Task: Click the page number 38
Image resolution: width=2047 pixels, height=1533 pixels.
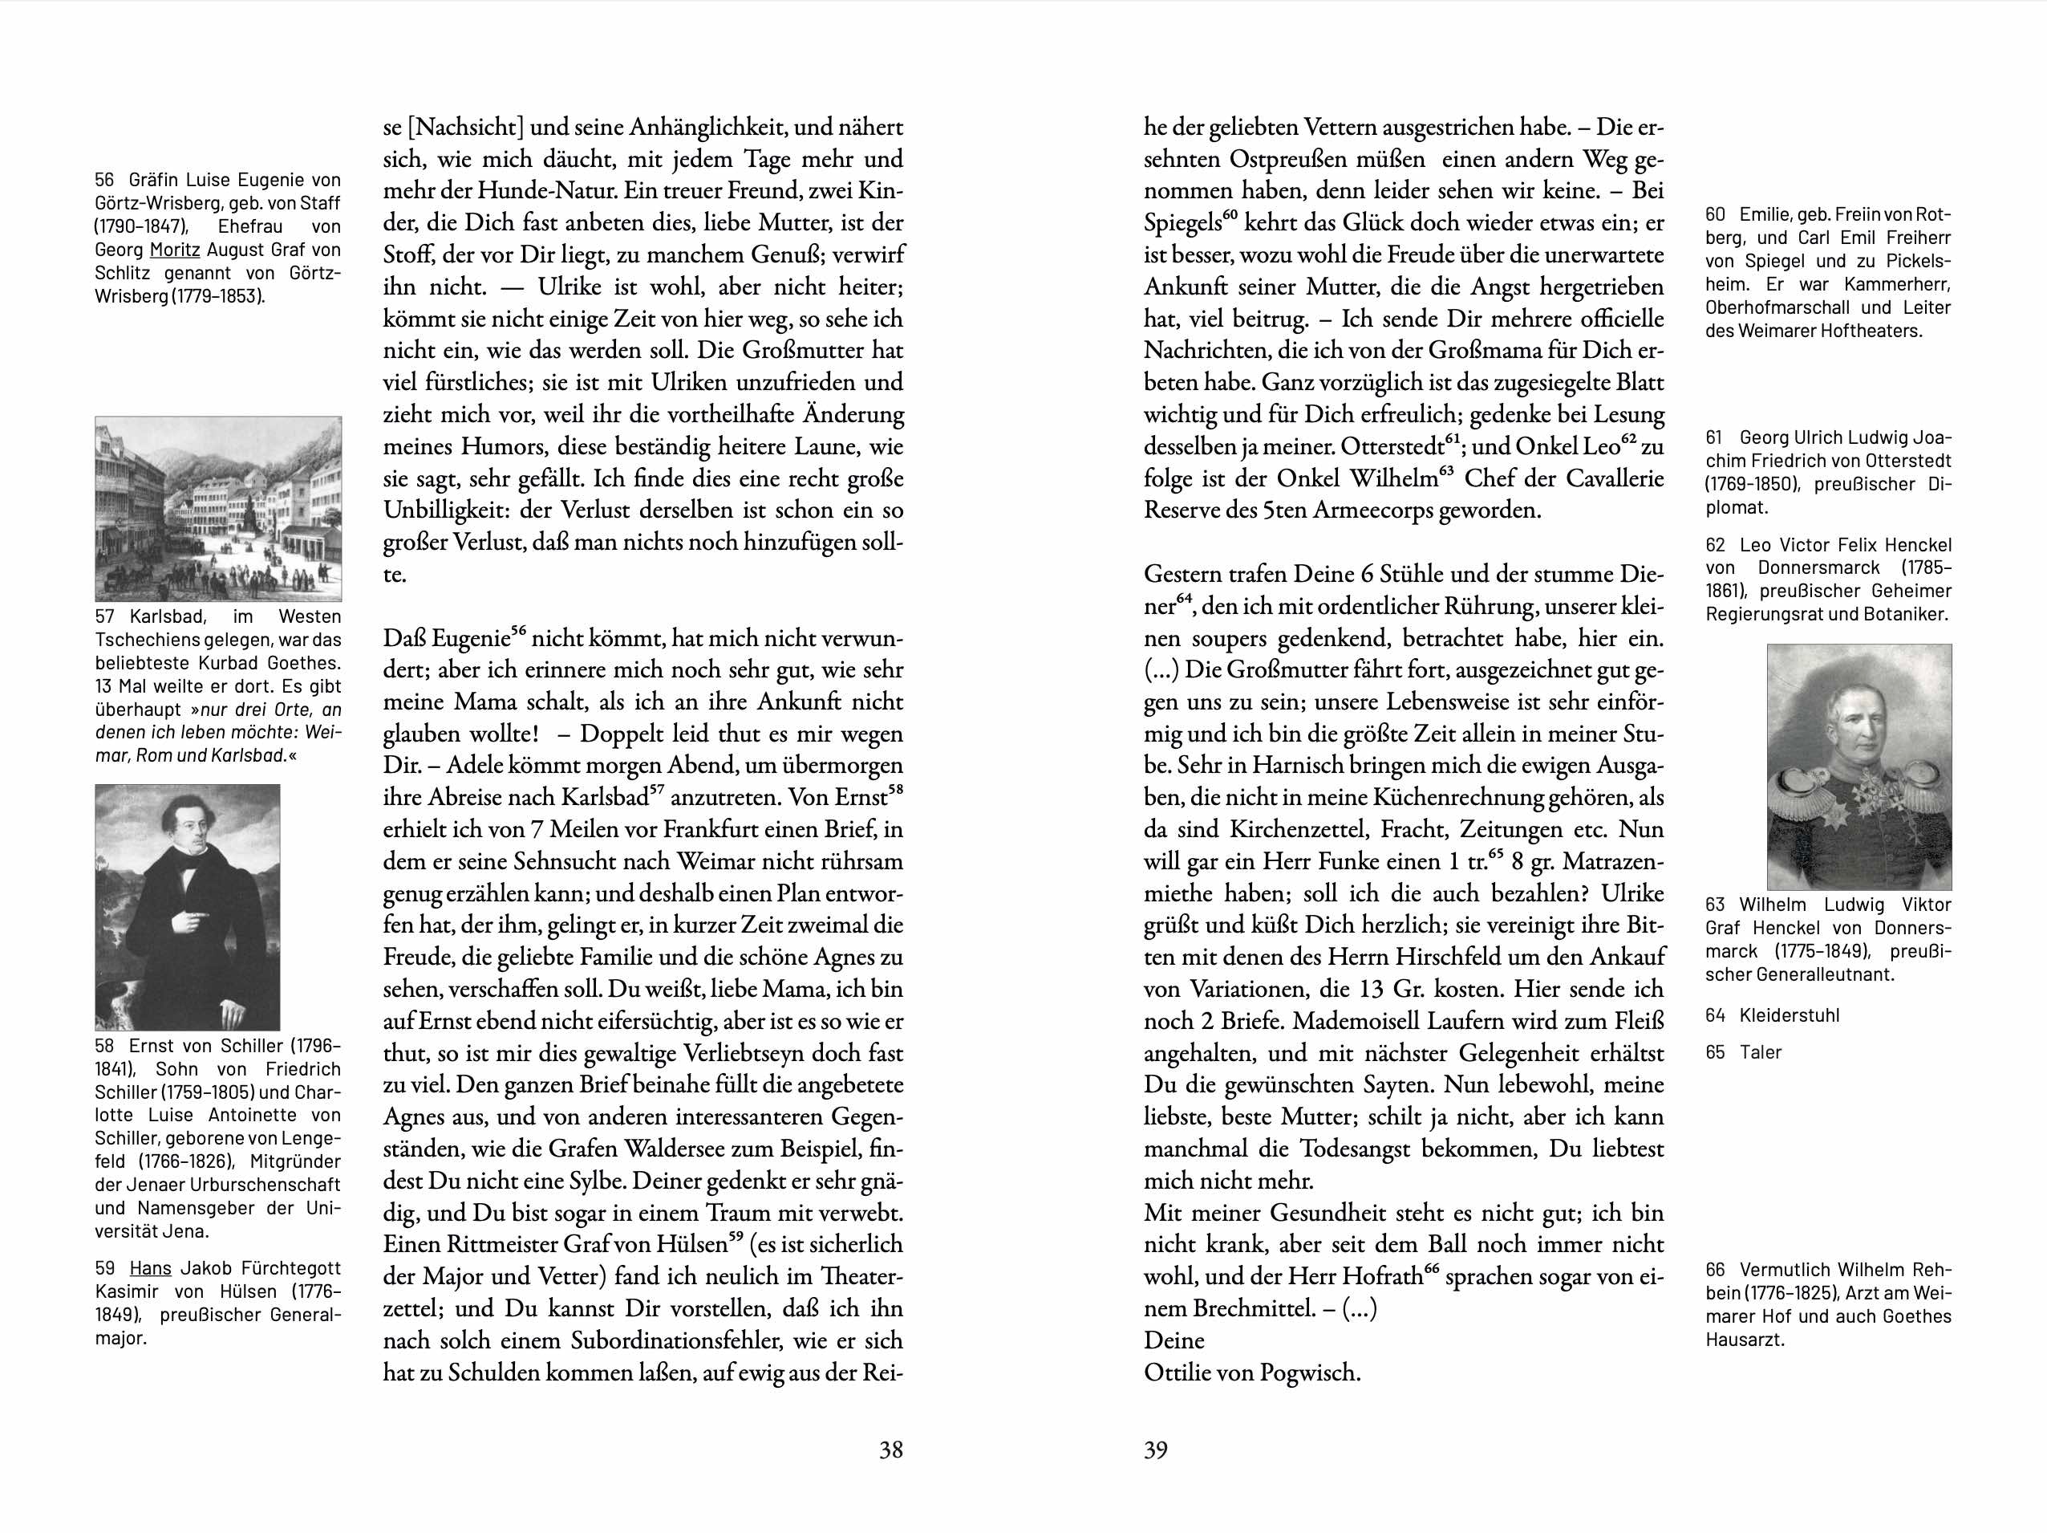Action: click(890, 1450)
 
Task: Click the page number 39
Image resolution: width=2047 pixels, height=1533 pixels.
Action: click(1156, 1450)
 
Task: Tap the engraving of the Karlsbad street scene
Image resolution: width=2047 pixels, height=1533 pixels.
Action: click(218, 508)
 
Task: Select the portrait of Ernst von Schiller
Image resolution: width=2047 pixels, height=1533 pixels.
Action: click(187, 907)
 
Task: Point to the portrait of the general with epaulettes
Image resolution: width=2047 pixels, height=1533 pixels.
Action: click(1859, 766)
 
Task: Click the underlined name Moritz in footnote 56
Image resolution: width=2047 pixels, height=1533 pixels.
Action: click(175, 250)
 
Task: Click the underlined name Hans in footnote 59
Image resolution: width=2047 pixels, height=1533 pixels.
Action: click(150, 1268)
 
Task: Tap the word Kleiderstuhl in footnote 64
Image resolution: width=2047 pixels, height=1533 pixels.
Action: click(1789, 1015)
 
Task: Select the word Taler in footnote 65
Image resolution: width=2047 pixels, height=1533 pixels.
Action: click(1760, 1052)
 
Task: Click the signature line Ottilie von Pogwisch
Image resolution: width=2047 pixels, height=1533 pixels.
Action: click(1252, 1372)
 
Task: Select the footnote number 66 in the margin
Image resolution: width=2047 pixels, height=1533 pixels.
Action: click(1715, 1270)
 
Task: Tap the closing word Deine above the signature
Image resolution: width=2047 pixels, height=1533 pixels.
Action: click(1174, 1340)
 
